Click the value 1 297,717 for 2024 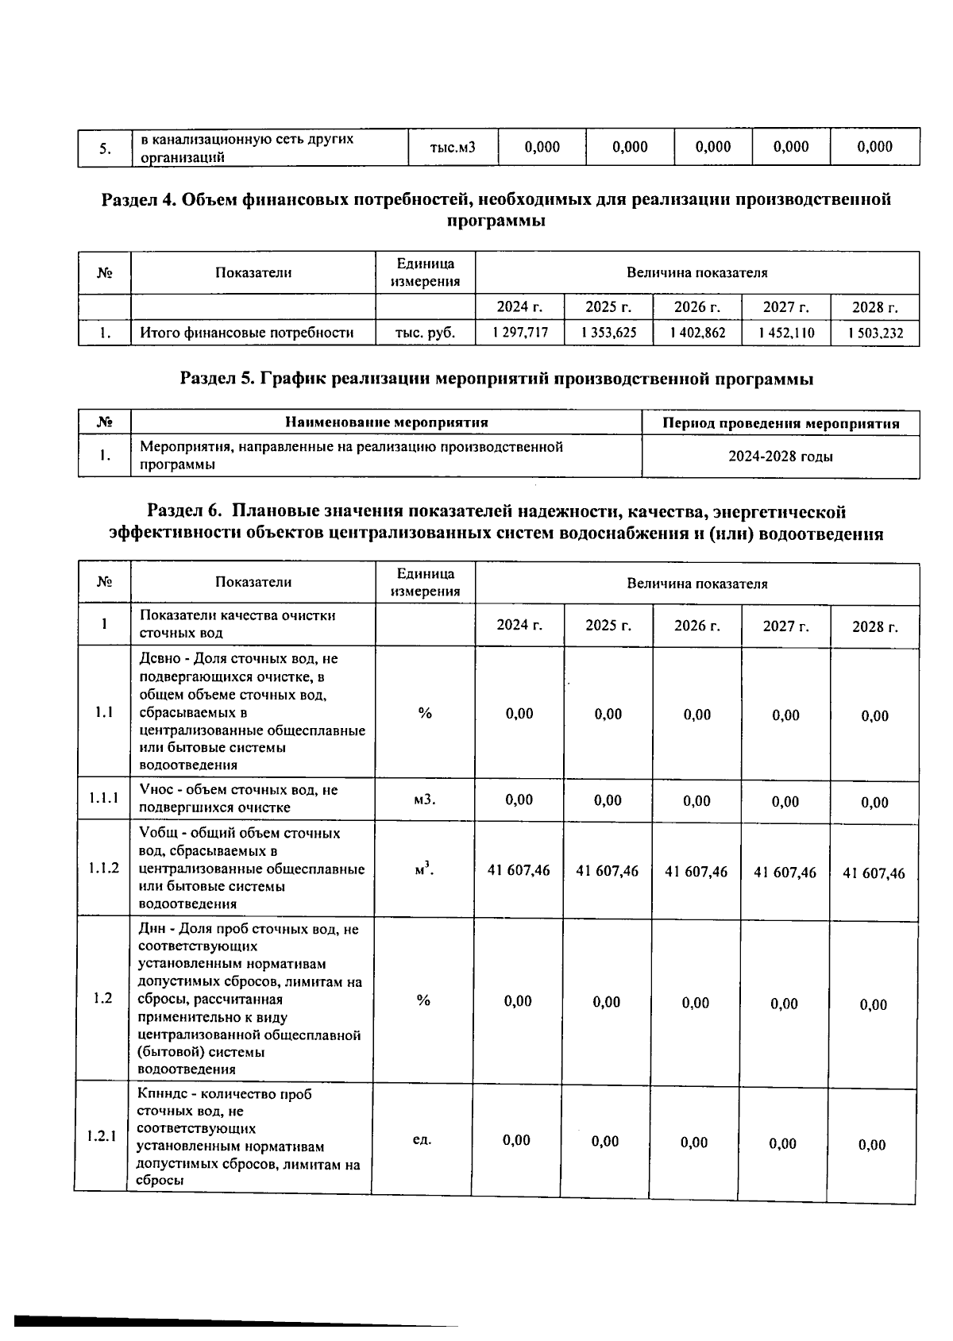point(519,333)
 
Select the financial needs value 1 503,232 point(874,333)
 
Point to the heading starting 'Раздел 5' point(496,379)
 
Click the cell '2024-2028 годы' point(780,457)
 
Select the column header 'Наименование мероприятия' point(386,422)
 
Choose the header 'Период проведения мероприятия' point(780,423)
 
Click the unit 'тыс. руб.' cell point(425,333)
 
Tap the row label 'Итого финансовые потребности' point(246,333)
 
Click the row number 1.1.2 point(103,868)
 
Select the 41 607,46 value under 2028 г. point(874,873)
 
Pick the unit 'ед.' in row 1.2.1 point(422,1139)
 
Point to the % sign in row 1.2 point(422,1000)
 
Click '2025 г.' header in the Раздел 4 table point(608,307)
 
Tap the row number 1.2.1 point(102,1136)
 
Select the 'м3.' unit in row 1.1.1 point(425,799)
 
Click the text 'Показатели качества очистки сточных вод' point(237,624)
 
